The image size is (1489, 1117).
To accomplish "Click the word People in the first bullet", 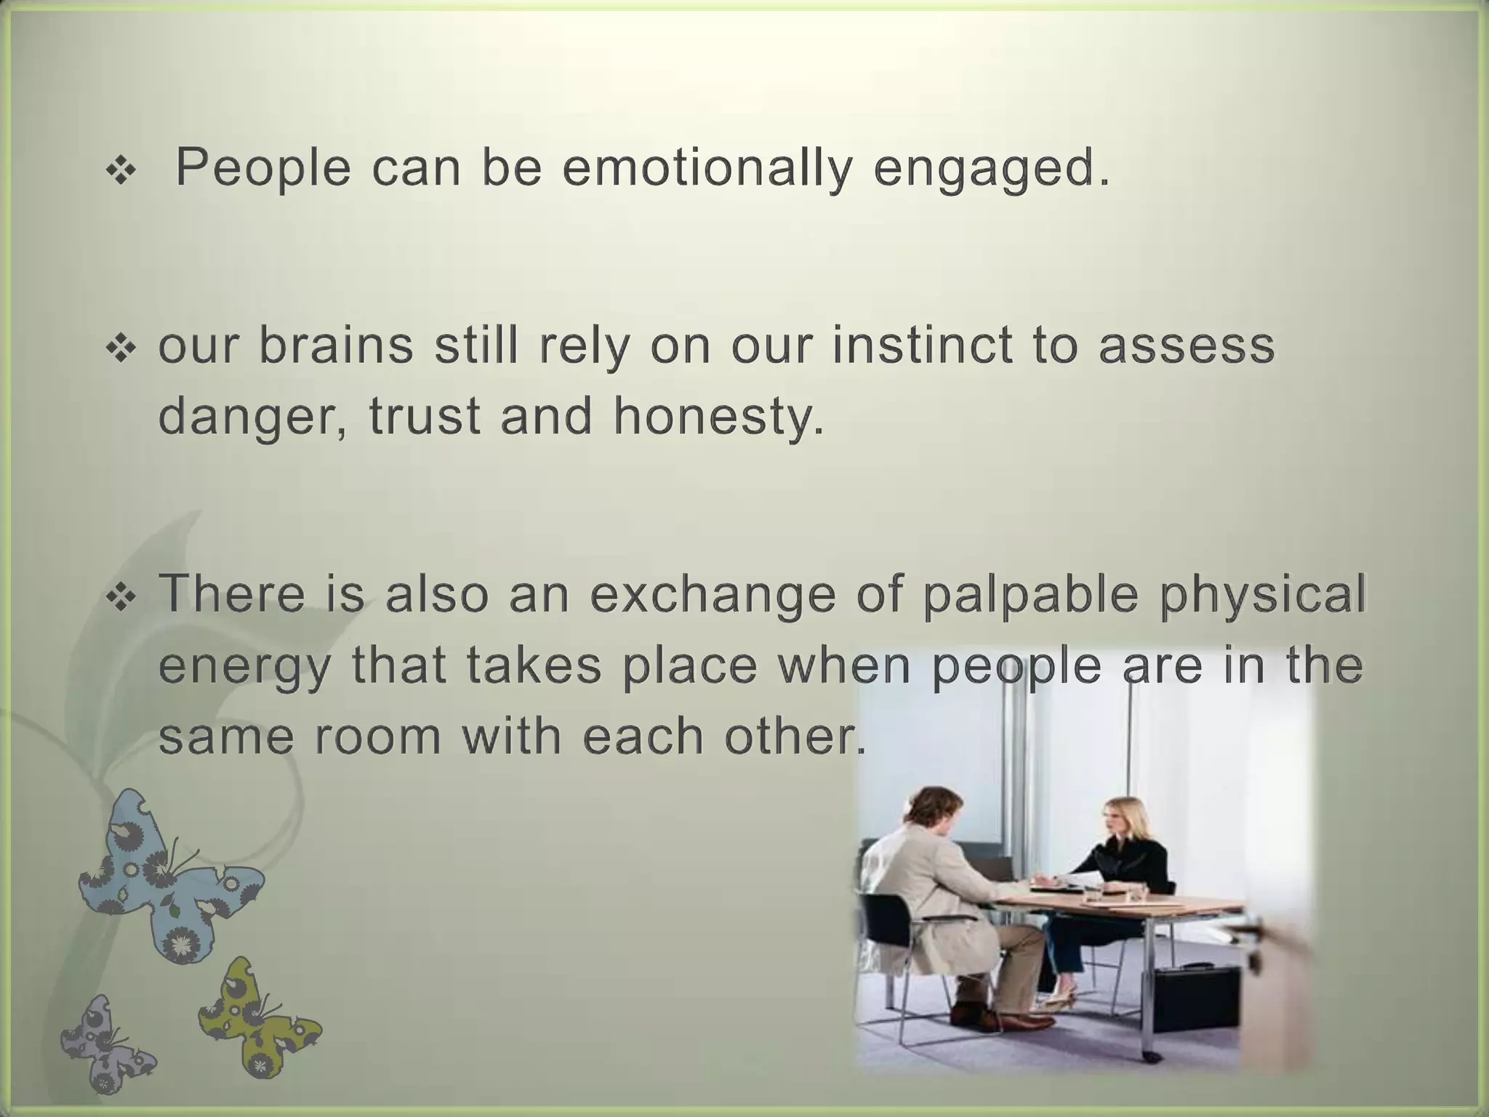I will pos(262,169).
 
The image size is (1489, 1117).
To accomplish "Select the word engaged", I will pos(992,169).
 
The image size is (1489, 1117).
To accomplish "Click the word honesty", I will pos(718,417).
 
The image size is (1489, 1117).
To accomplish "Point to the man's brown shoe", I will pos(1018,1021).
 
